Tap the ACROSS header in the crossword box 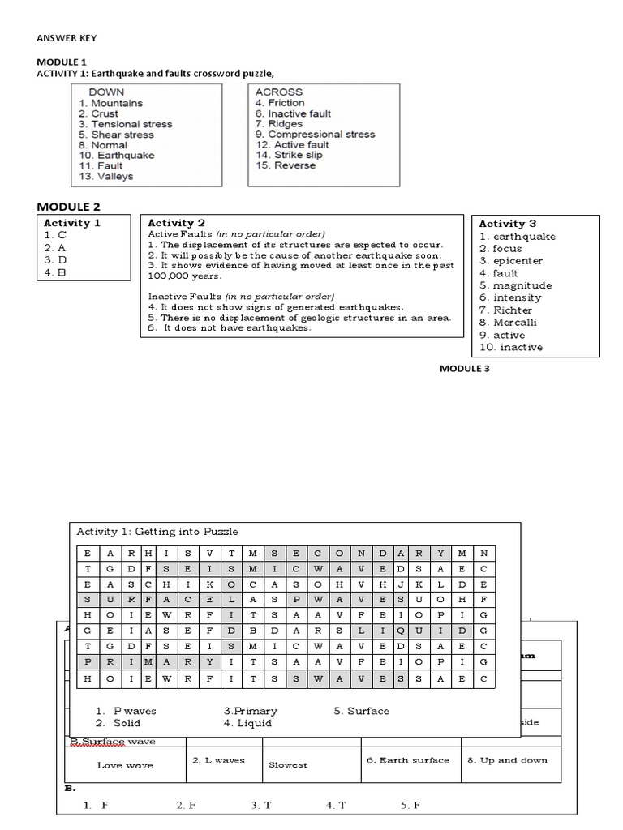pyautogui.click(x=278, y=92)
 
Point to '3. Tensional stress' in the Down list pyautogui.click(x=125, y=124)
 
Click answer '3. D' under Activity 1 pyautogui.click(x=54, y=260)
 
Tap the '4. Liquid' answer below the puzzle pyautogui.click(x=247, y=723)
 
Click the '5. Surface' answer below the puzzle pyautogui.click(x=361, y=711)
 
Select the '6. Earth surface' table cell pyautogui.click(x=407, y=760)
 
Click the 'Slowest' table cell pyautogui.click(x=288, y=764)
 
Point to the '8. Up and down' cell pyautogui.click(x=507, y=760)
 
